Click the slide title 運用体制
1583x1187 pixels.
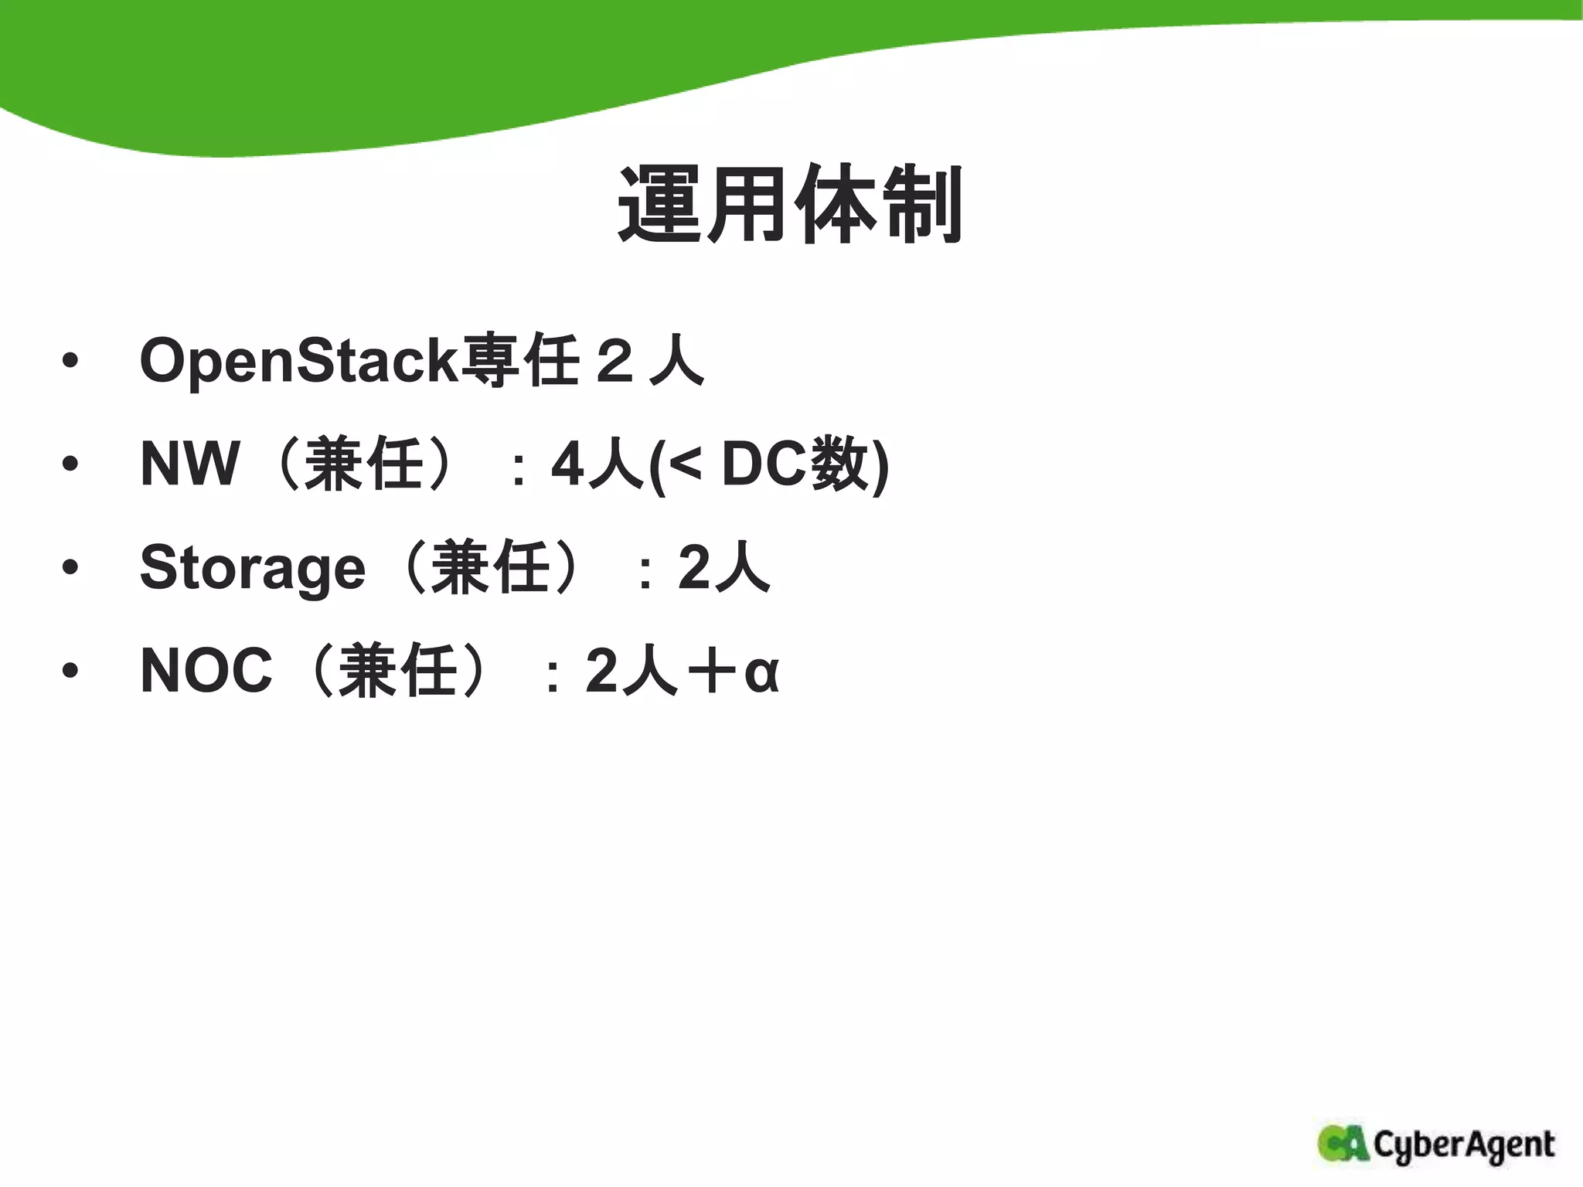coord(790,204)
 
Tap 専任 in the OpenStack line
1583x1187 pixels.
coord(519,360)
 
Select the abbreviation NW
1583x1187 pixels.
coord(189,464)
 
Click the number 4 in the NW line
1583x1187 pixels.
coord(567,464)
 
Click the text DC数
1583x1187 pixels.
coord(795,464)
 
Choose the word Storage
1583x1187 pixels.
coord(252,568)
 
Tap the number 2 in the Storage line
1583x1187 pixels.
coord(693,568)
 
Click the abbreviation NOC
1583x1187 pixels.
coord(206,670)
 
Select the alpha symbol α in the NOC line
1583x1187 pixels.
coord(761,672)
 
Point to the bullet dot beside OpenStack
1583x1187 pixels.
coord(70,361)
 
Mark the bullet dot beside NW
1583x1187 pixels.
coord(70,464)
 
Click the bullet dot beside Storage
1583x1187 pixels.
coord(70,568)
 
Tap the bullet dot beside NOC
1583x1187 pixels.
coord(70,671)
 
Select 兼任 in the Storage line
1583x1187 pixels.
coord(490,568)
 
